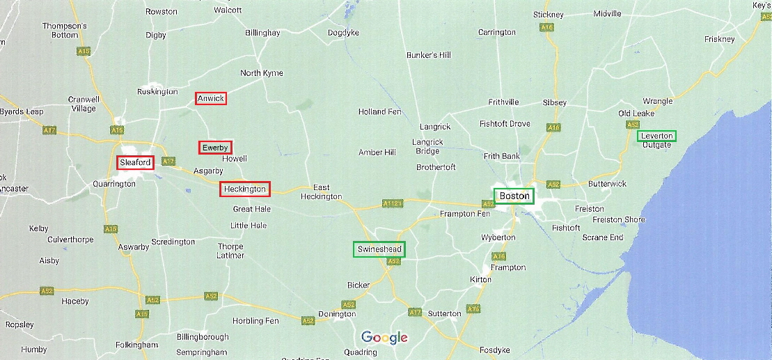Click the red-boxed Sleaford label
pos(135,162)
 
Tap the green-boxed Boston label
pos(514,196)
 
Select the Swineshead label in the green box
pos(379,249)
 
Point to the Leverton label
pos(656,136)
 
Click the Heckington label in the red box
pos(244,189)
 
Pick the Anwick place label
pos(211,98)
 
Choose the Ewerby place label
pos(215,148)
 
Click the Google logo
pos(384,338)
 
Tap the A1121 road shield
pos(393,203)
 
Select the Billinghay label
pos(262,33)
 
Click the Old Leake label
pos(636,114)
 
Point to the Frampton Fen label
pos(465,214)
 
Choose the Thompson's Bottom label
pos(65,30)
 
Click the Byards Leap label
pos(22,111)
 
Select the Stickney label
pos(549,15)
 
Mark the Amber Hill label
pos(377,152)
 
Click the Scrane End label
pos(603,237)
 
